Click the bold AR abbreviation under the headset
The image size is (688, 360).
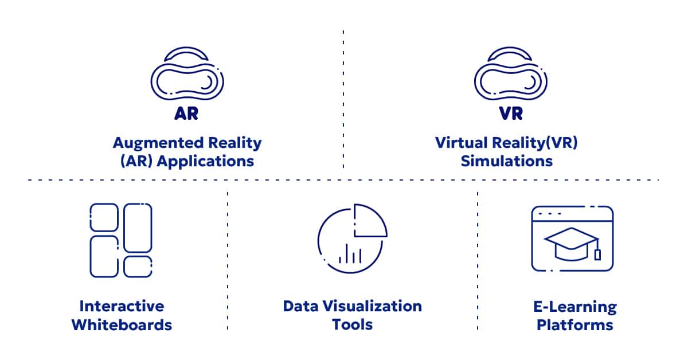point(186,114)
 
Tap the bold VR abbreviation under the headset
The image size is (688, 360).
point(510,114)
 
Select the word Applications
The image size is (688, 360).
point(205,161)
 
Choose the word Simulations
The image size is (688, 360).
point(507,161)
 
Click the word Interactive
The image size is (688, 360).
point(122,306)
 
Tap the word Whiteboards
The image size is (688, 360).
point(122,325)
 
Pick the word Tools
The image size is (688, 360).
point(352,325)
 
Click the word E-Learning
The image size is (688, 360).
point(574,307)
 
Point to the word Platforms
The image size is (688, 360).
point(574,326)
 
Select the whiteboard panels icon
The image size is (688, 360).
point(121,240)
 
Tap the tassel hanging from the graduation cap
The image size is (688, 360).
point(597,253)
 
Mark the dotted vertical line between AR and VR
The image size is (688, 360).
point(343,97)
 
